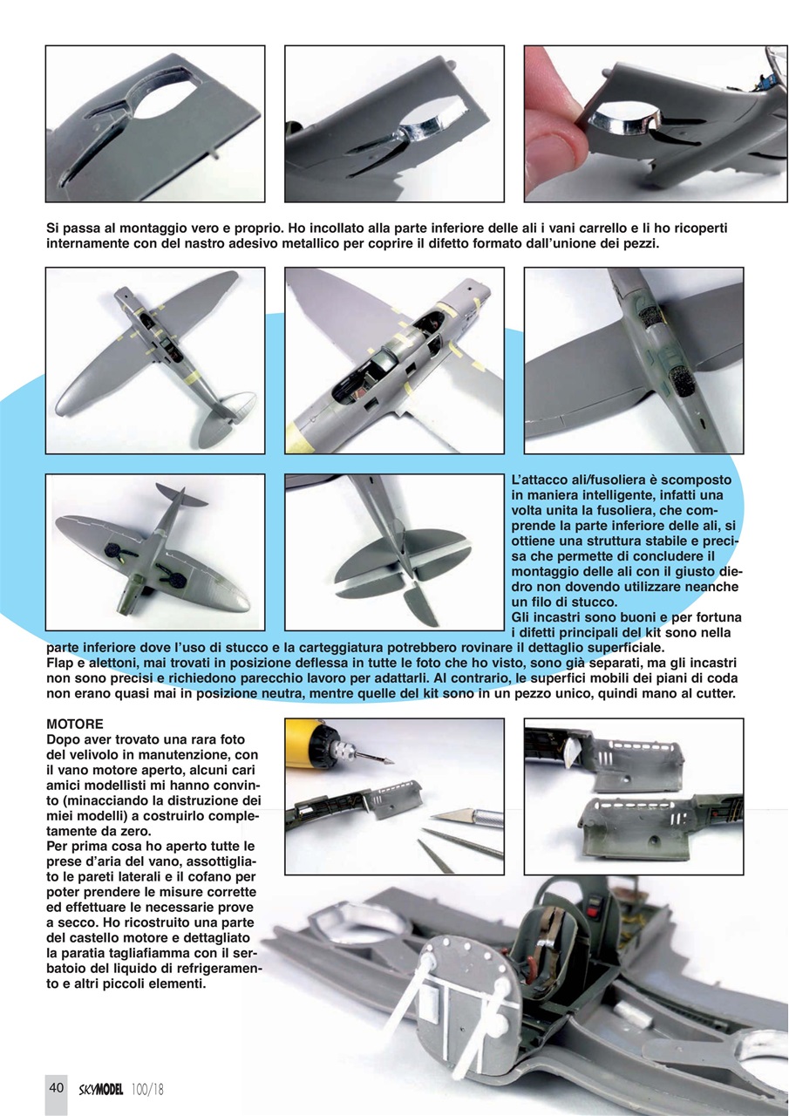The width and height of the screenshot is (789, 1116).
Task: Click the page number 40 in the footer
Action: click(x=57, y=1087)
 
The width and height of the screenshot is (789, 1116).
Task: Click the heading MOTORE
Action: click(x=75, y=725)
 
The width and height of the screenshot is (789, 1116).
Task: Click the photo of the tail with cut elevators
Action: click(x=394, y=551)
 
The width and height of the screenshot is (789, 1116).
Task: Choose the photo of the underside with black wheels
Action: click(x=154, y=551)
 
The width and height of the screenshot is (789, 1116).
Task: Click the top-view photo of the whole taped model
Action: click(x=154, y=360)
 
